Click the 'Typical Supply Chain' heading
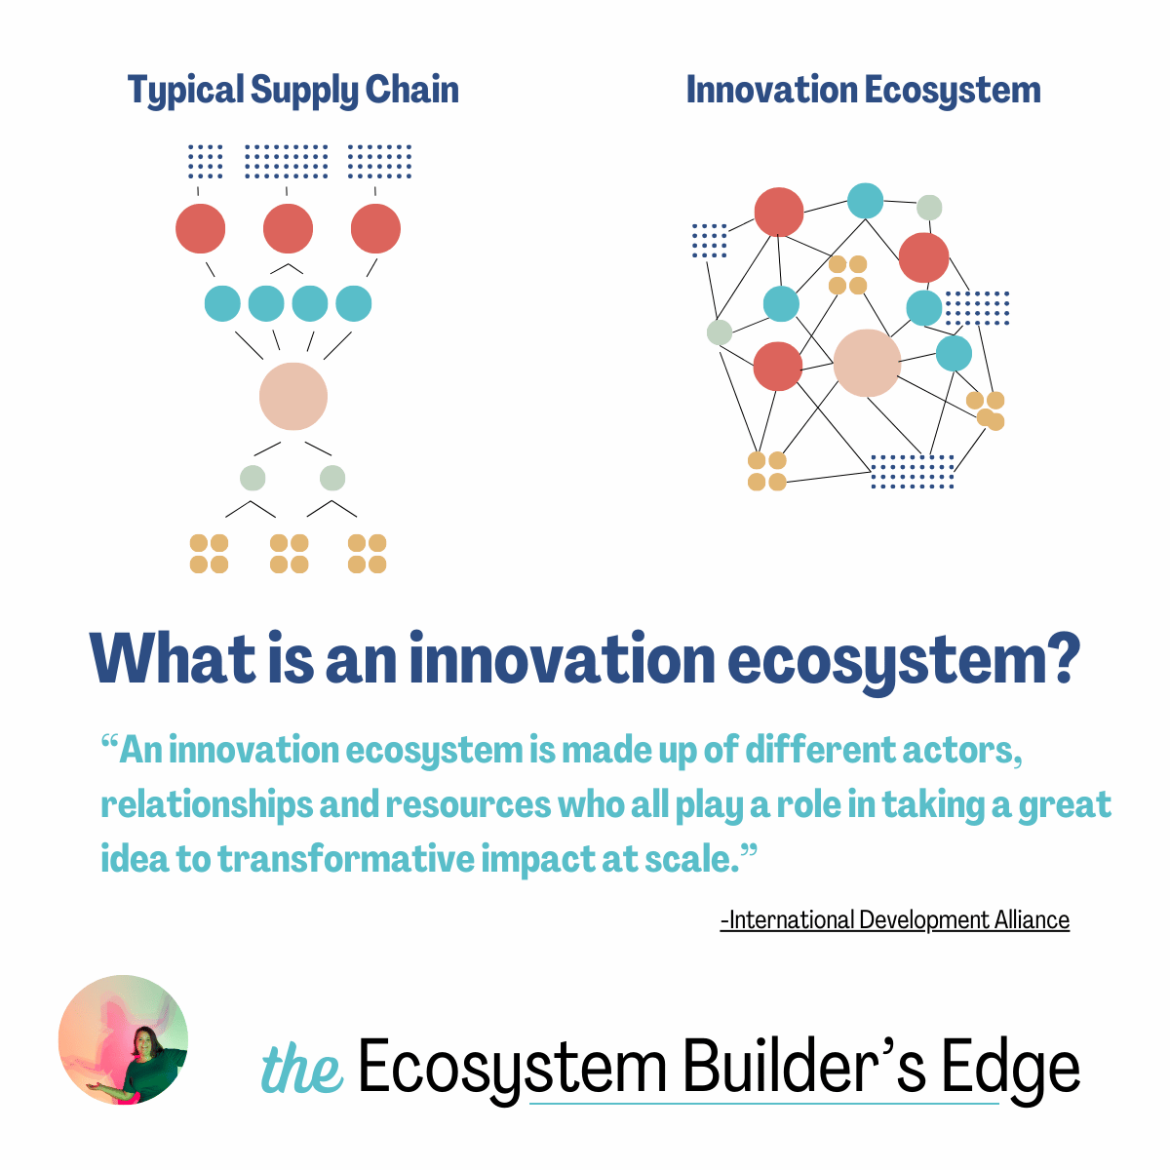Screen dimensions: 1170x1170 tap(292, 91)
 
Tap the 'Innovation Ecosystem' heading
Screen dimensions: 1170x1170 tap(863, 90)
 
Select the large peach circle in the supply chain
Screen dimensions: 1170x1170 tap(293, 396)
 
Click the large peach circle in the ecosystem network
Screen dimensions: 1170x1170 tap(867, 363)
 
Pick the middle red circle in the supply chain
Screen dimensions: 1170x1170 tap(288, 228)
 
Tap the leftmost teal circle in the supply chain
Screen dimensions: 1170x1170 tap(222, 303)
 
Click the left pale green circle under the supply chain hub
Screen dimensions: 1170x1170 tap(253, 478)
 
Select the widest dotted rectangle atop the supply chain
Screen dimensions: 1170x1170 tap(286, 162)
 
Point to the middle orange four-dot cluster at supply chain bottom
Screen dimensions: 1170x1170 tap(289, 553)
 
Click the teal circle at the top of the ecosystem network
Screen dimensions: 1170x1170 tap(865, 201)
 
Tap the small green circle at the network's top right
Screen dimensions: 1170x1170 tap(929, 207)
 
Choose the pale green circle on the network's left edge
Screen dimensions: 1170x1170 tap(720, 332)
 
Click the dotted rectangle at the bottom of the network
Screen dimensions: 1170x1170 tap(912, 471)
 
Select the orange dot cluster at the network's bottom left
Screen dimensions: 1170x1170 tap(767, 471)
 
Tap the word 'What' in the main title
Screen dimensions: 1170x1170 tap(173, 659)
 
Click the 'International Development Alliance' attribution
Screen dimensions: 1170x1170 tap(894, 919)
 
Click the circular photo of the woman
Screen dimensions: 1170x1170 tap(123, 1039)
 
